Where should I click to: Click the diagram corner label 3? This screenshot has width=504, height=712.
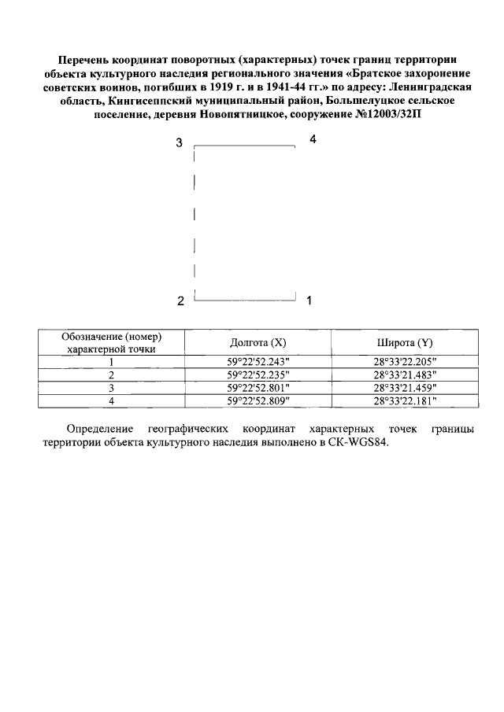(180, 143)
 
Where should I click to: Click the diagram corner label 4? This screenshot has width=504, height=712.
(313, 139)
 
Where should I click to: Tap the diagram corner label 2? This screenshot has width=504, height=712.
(180, 301)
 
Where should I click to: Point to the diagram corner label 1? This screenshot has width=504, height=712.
(309, 300)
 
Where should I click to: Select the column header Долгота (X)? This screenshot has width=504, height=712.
(258, 343)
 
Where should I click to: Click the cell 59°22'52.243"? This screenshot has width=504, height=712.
(258, 361)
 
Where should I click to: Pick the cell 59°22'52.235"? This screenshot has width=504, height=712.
(258, 374)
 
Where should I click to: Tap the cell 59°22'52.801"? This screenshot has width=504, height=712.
(258, 388)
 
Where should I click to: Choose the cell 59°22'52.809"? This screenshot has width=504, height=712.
(258, 401)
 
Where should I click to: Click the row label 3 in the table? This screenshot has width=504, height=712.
(112, 388)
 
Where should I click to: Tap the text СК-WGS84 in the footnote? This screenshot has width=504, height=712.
(360, 442)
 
